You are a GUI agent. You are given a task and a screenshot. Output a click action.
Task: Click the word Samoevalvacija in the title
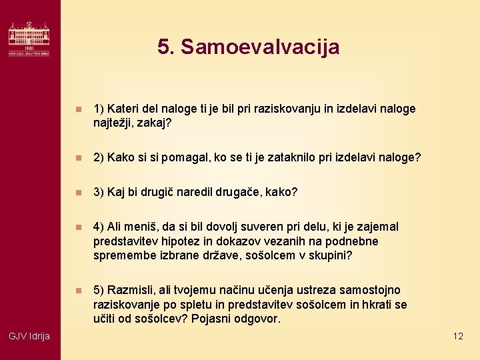[x=260, y=47]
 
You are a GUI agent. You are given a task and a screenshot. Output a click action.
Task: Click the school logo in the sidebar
[x=29, y=39]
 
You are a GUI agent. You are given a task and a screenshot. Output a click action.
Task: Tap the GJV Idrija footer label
[x=29, y=336]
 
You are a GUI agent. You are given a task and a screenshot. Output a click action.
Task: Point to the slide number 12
[x=457, y=336]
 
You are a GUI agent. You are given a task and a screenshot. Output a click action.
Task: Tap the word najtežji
[x=115, y=123]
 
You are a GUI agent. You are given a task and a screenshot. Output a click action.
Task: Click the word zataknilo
[x=296, y=158]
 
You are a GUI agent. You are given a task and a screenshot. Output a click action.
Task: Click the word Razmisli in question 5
[x=130, y=290]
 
